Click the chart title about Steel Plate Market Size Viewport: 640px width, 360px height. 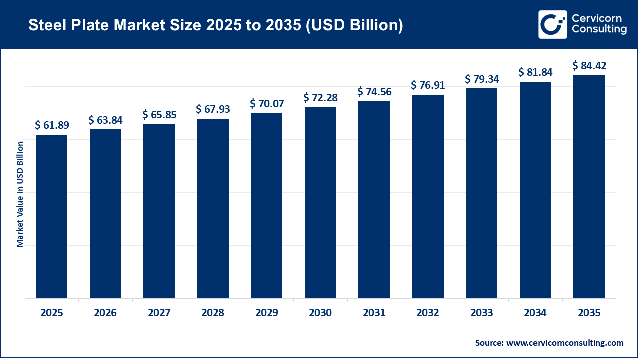(x=215, y=26)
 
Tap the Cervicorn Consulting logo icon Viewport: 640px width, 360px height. (x=552, y=24)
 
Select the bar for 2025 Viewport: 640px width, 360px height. (x=51, y=216)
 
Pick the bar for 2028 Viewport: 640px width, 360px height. (x=213, y=208)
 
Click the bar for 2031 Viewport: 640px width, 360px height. (x=374, y=200)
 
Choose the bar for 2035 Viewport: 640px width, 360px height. (x=589, y=186)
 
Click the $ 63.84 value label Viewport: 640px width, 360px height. (x=105, y=120)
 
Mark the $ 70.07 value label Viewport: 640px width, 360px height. (x=266, y=103)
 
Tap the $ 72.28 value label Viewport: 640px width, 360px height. (x=320, y=98)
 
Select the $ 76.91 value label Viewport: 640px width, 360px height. (x=428, y=85)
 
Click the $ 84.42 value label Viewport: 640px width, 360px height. (x=589, y=65)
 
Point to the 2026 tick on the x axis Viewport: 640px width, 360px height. (x=105, y=313)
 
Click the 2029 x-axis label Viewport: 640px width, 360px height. (x=266, y=313)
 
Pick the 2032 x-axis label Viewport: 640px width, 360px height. (x=428, y=313)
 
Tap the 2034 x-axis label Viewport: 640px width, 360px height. (x=535, y=313)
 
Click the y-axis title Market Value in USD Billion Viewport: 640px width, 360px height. (x=20, y=194)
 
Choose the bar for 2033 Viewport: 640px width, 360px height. (x=481, y=193)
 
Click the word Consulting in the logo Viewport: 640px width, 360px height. (x=598, y=30)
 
